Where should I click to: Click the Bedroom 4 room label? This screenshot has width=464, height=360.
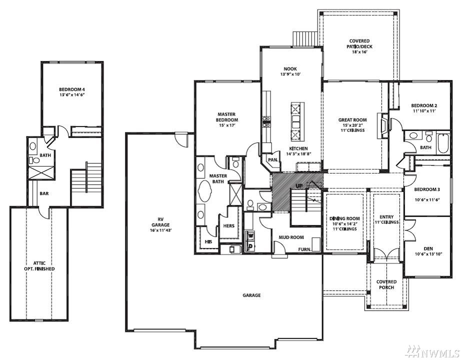point(72,89)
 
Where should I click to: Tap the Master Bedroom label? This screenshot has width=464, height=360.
point(226,117)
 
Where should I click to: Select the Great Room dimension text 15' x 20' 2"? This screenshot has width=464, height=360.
point(352,125)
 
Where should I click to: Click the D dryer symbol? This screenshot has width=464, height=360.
point(251,246)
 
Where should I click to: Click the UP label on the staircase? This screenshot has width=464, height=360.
point(299,186)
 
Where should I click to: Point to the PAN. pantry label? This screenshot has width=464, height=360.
point(273,159)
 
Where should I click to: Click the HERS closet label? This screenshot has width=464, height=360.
point(228,225)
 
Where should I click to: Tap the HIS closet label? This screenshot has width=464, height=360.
point(208,241)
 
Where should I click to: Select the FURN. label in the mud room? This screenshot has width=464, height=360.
point(304,249)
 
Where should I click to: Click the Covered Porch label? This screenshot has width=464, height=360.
point(386,284)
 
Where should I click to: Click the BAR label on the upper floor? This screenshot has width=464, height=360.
point(44,193)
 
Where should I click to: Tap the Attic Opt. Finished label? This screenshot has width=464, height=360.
point(39,266)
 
